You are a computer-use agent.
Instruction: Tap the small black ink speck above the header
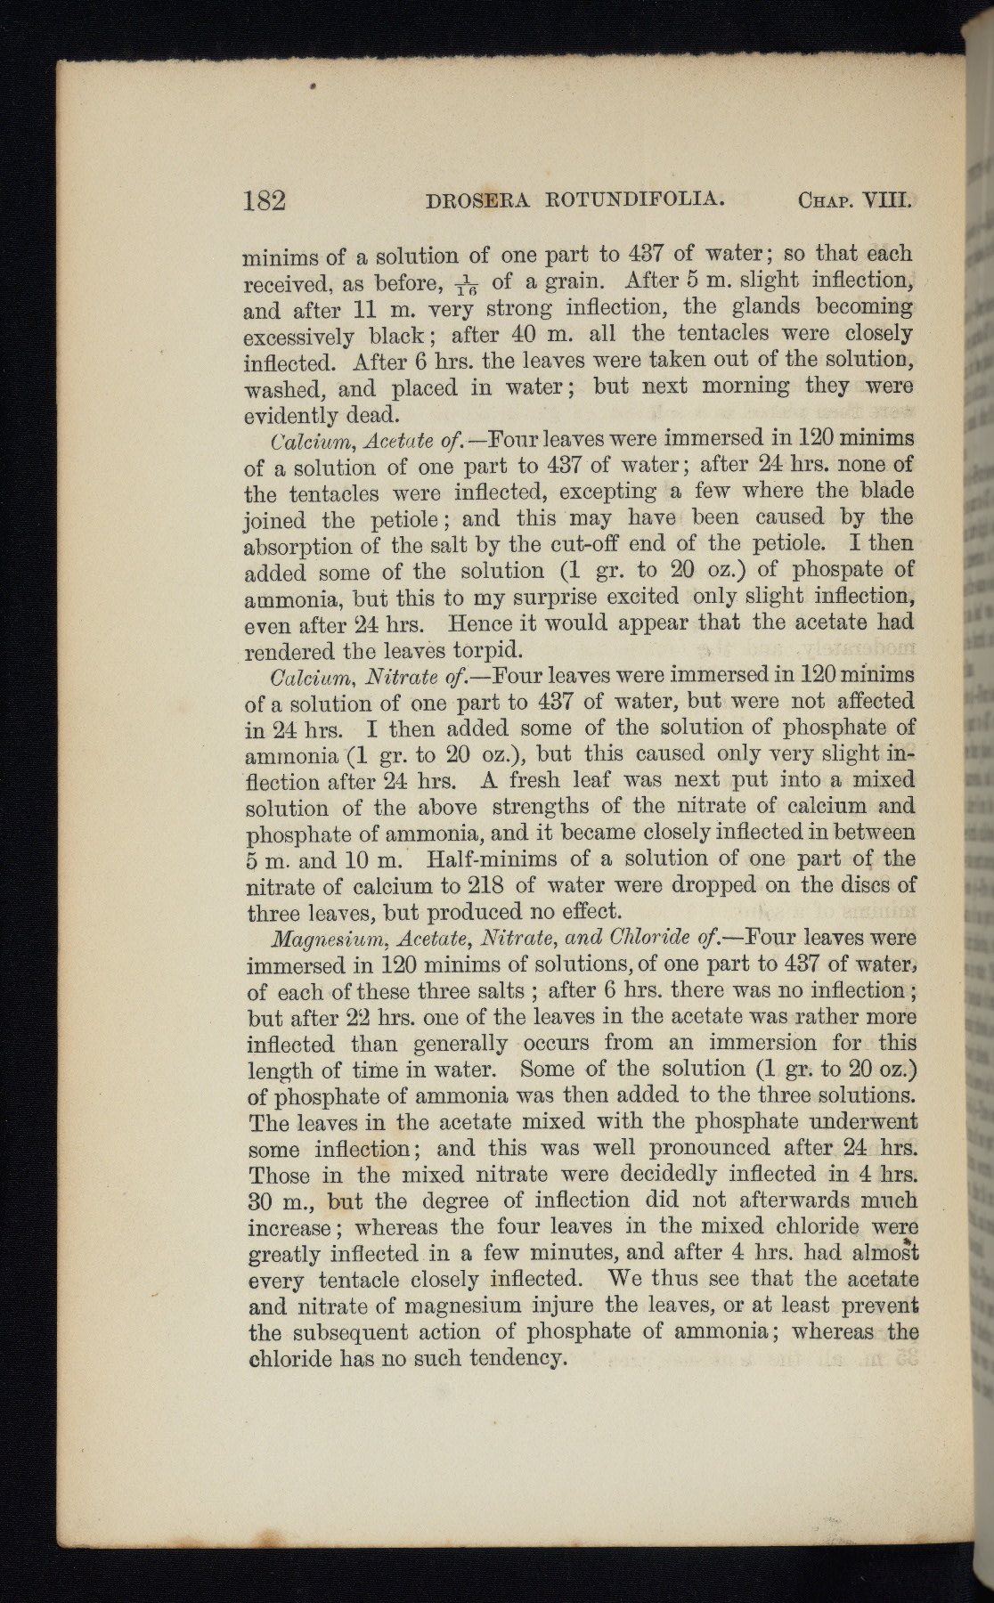click(315, 87)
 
